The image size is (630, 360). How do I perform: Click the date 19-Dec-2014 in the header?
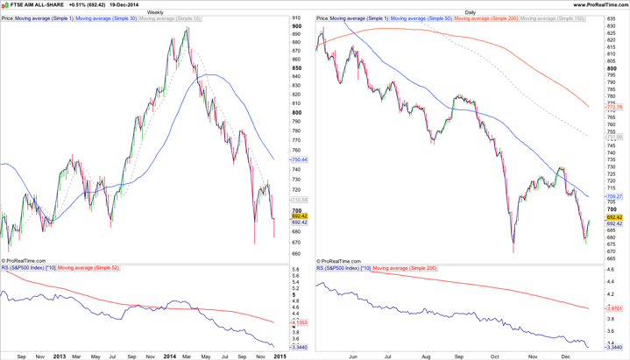[124, 4]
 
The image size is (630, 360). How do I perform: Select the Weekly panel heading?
[154, 12]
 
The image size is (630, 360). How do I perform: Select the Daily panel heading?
[471, 12]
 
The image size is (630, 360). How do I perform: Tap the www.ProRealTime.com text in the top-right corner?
[598, 4]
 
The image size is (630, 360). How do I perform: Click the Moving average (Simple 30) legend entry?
[106, 18]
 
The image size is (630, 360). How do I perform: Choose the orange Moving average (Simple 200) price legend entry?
[485, 18]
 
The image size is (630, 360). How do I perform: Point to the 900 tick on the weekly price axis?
[296, 26]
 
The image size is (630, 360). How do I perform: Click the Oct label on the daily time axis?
[495, 356]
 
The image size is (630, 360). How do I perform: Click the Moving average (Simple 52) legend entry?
[88, 267]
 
